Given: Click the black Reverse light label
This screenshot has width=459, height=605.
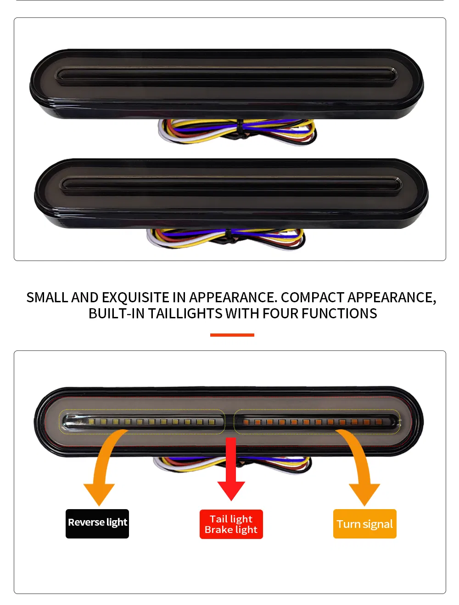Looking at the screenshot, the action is tap(97, 523).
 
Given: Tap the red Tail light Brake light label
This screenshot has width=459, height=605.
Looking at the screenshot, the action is tap(231, 524).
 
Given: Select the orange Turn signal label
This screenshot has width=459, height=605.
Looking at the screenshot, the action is tap(364, 523).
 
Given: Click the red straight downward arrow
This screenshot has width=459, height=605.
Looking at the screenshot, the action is tap(231, 469).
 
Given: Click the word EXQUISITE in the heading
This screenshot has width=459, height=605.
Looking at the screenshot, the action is tap(135, 297).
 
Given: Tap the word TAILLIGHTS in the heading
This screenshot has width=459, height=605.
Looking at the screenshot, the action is tap(185, 313).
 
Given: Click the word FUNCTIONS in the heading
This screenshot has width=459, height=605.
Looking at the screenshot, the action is tap(339, 313).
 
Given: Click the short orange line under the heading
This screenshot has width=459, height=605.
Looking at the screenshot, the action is tap(232, 335).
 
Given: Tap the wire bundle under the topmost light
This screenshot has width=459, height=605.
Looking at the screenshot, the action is tap(237, 132).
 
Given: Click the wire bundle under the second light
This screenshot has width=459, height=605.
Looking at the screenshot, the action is tap(226, 239).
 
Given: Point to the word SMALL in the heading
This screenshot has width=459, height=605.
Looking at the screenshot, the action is tap(47, 297).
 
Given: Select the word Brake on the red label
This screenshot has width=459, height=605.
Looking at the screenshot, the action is tap(218, 529).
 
